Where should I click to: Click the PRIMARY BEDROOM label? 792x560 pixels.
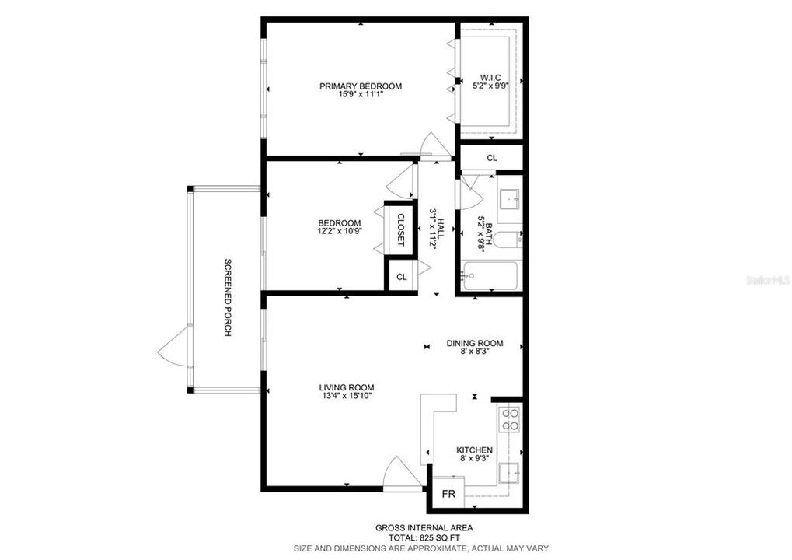pos(361,86)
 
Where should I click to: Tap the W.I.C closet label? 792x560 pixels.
pos(490,78)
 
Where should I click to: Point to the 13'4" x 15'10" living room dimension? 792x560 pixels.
pos(347,396)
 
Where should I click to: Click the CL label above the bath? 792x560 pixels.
pos(491,158)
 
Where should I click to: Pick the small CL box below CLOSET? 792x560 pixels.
pos(401,277)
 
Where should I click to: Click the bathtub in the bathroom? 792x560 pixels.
pos(489,275)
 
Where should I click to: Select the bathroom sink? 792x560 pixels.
pos(510,199)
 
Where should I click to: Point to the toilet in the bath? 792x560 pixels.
pos(509,240)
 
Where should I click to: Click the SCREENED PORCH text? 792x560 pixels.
pos(228,297)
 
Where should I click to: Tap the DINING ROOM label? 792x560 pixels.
pos(474,343)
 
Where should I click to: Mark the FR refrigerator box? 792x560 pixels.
pos(448,494)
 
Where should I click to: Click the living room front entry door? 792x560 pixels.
pos(402,473)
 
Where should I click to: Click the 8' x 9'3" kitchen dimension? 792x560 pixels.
pos(474,459)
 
